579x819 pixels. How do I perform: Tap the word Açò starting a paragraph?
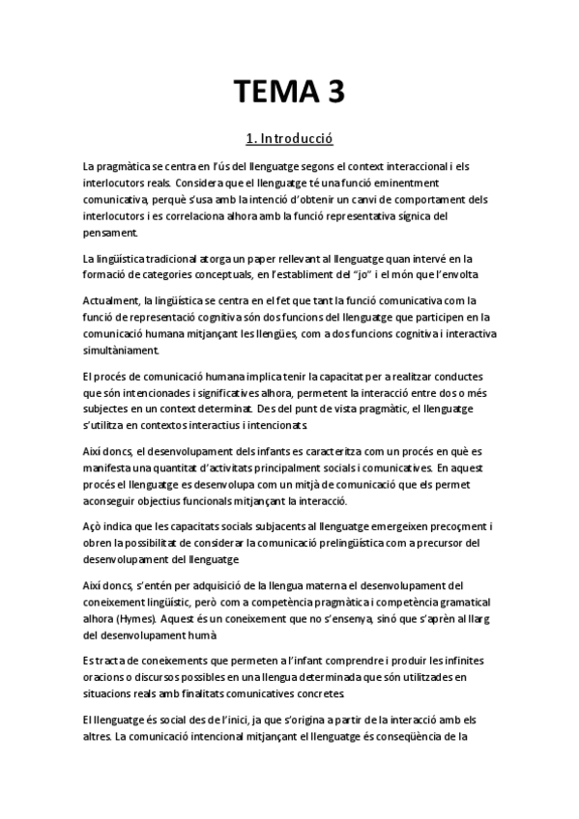[x=94, y=526]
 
